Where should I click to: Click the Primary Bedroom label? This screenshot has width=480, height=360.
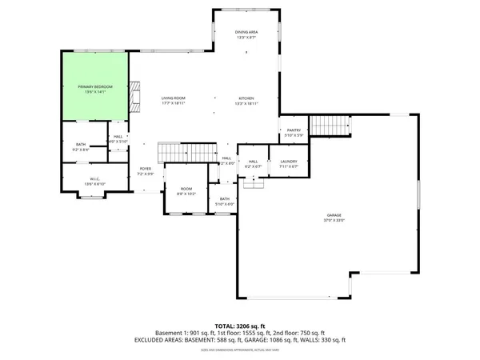[95, 86]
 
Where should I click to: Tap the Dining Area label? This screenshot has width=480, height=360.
[246, 32]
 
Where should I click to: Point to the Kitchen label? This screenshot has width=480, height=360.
[246, 98]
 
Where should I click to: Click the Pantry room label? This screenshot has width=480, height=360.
[293, 131]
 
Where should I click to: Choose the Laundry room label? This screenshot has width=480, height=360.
[289, 162]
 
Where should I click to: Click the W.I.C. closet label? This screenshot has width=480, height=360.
[94, 180]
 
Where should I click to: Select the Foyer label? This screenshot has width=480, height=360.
[145, 170]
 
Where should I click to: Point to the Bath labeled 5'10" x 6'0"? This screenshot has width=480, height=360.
[225, 200]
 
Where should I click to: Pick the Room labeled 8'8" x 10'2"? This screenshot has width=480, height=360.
[186, 190]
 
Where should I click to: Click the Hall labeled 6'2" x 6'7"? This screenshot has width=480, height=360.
[253, 162]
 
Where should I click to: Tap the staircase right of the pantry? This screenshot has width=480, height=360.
[330, 126]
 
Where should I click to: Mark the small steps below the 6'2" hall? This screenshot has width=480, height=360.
[254, 185]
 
